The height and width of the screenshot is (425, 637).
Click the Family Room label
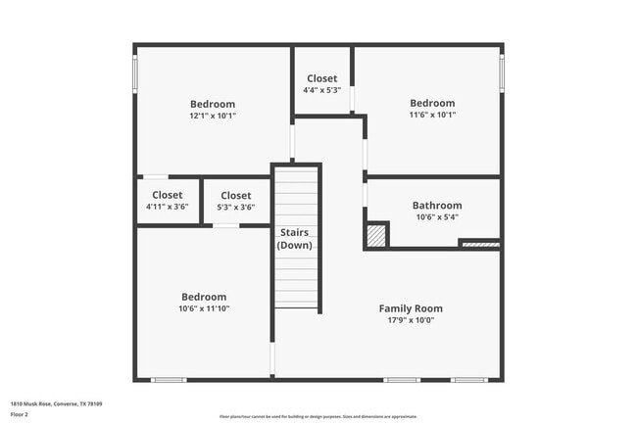[411, 308]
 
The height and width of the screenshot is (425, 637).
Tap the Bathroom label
[436, 206]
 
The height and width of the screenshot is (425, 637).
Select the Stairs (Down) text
[294, 239]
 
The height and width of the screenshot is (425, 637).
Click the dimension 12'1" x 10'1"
[212, 116]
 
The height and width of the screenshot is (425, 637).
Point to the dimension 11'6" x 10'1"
[432, 115]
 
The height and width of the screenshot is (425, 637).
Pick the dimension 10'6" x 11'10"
[204, 308]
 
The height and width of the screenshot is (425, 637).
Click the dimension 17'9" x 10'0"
[411, 319]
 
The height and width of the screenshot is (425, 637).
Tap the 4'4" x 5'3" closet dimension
[321, 90]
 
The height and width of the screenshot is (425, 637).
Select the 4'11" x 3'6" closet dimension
[167, 207]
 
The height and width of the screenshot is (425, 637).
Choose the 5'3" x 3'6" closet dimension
[235, 207]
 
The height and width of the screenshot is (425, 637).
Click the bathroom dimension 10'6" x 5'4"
[436, 217]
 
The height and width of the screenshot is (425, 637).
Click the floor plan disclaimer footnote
[318, 416]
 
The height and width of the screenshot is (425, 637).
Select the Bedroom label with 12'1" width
[212, 104]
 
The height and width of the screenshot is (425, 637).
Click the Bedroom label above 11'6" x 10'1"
[432, 103]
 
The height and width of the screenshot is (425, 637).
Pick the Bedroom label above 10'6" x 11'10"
[204, 297]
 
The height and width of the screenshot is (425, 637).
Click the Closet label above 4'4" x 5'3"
[321, 78]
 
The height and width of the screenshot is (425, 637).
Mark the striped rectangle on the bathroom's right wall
[479, 244]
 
